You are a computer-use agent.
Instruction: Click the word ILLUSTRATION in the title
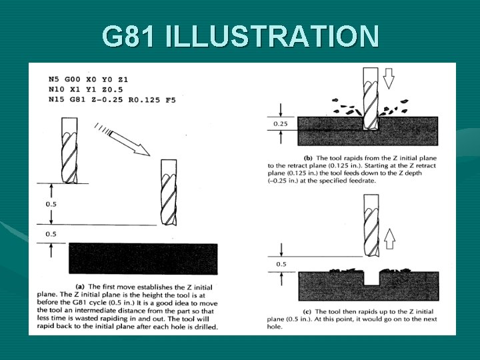pyautogui.click(x=272, y=36)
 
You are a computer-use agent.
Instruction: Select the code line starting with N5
pyautogui.click(x=88, y=79)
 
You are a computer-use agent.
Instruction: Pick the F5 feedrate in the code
pyautogui.click(x=171, y=100)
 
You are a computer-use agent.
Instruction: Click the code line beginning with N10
pyautogui.click(x=85, y=90)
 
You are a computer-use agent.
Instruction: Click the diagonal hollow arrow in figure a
pyautogui.click(x=129, y=143)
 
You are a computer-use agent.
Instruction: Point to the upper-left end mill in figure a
pyautogui.click(x=69, y=151)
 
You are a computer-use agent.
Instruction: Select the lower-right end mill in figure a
pyautogui.click(x=169, y=193)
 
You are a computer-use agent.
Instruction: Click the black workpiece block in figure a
pyautogui.click(x=143, y=259)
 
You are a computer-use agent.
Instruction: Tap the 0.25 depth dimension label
pyautogui.click(x=281, y=124)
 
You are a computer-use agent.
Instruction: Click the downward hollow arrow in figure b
pyautogui.click(x=389, y=79)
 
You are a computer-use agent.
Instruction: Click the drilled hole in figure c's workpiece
pyautogui.click(x=371, y=279)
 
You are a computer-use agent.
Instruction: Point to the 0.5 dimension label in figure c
pyautogui.click(x=281, y=264)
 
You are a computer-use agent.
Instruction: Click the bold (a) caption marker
pyautogui.click(x=79, y=287)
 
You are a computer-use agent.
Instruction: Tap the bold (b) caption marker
pyautogui.click(x=307, y=158)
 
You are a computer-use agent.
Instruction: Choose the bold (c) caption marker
pyautogui.click(x=307, y=311)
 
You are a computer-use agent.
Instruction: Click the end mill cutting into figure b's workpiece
pyautogui.click(x=371, y=99)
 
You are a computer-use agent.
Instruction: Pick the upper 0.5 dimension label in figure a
pyautogui.click(x=51, y=204)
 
